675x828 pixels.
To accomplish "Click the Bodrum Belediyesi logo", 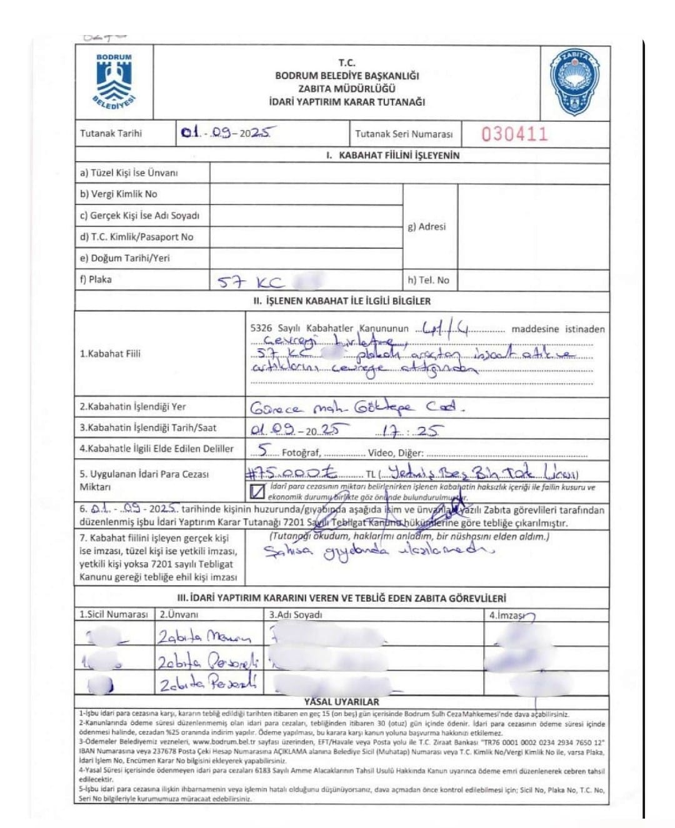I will pyautogui.click(x=113, y=83).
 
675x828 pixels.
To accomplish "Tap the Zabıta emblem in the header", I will pyautogui.click(x=574, y=82).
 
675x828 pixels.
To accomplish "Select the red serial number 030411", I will pyautogui.click(x=514, y=134).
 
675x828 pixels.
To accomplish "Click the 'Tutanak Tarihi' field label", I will pyautogui.click(x=111, y=133).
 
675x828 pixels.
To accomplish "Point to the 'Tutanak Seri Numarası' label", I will pyautogui.click(x=403, y=134).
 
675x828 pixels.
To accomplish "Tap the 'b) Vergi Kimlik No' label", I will pyautogui.click(x=118, y=194).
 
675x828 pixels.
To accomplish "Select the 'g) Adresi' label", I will pyautogui.click(x=427, y=226).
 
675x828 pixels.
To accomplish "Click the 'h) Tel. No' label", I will pyautogui.click(x=428, y=280).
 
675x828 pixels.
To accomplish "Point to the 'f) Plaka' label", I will pyautogui.click(x=96, y=280).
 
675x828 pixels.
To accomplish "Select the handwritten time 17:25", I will pyautogui.click(x=409, y=430).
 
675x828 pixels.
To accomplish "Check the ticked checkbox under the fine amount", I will pyautogui.click(x=257, y=492).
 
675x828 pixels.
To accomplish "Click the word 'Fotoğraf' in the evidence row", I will pyautogui.click(x=301, y=452).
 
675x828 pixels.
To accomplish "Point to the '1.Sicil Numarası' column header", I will pyautogui.click(x=114, y=614).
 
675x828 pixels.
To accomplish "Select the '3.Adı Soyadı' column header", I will pyautogui.click(x=296, y=614).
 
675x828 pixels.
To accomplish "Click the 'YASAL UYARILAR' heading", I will pyautogui.click(x=341, y=702).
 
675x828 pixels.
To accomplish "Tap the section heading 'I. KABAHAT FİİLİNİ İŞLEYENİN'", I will pyautogui.click(x=392, y=155).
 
